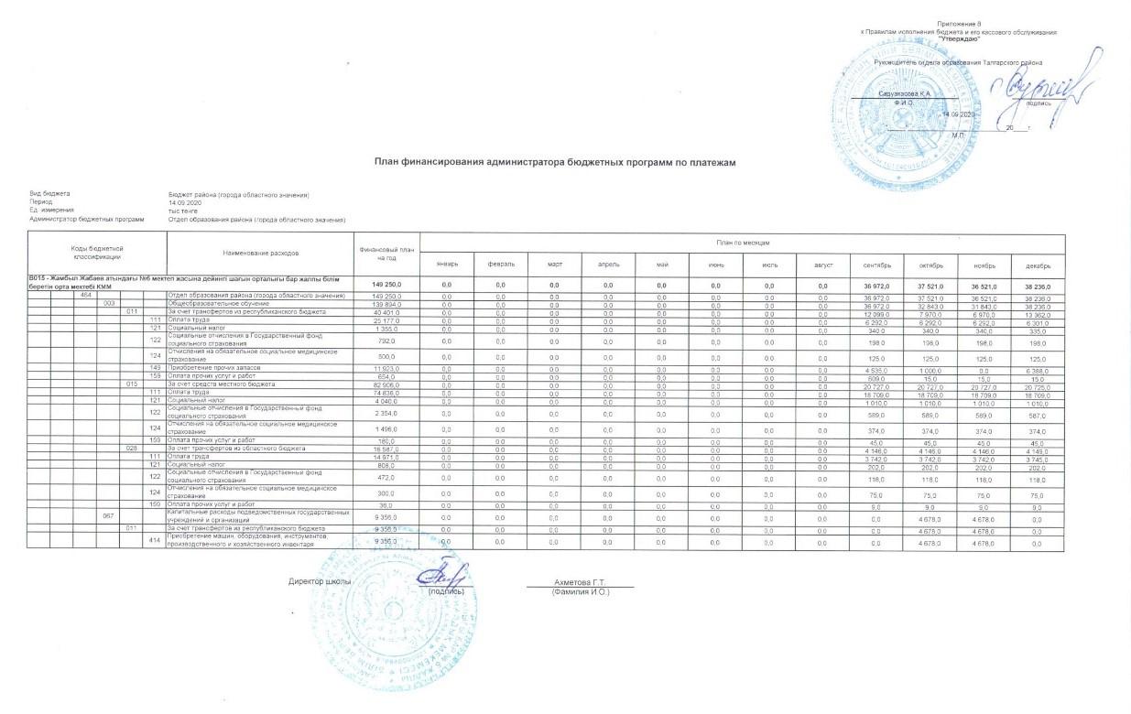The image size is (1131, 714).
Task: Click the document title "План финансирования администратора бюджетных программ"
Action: tap(555, 162)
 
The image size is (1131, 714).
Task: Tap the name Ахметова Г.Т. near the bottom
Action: tap(580, 583)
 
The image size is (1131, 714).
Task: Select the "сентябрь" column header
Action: tap(877, 264)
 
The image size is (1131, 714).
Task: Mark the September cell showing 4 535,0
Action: tap(877, 367)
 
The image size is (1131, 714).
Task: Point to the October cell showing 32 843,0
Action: tap(930, 304)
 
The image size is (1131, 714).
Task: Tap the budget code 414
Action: tap(155, 541)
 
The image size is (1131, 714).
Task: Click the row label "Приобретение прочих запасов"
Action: tap(211, 367)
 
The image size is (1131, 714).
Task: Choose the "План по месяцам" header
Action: tap(742, 242)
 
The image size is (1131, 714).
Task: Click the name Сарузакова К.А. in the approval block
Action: tap(904, 94)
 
